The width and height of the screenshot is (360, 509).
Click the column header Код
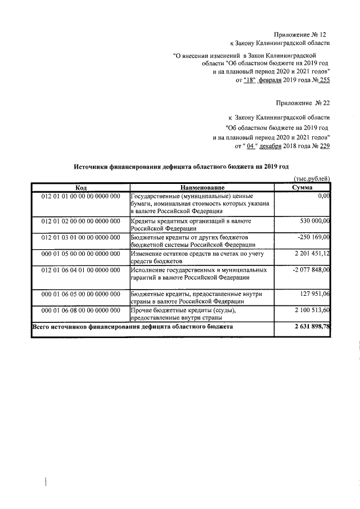(x=80, y=187)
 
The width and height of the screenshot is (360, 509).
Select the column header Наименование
(x=202, y=187)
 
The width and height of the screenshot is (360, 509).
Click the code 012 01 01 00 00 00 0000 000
(x=80, y=196)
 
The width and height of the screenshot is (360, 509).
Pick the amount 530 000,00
(x=312, y=222)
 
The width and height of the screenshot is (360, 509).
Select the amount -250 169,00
(x=312, y=238)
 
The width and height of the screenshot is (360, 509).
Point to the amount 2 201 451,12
(x=310, y=254)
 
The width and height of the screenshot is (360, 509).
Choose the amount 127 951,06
(x=313, y=294)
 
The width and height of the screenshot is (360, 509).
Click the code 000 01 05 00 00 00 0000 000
(x=80, y=254)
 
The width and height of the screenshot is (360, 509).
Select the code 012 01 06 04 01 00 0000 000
(x=80, y=271)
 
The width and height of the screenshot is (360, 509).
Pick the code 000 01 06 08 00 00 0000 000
(x=80, y=310)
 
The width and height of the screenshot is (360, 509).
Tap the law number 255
(x=324, y=80)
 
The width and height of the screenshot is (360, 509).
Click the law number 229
(x=324, y=147)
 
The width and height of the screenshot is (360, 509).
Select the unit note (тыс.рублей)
(x=312, y=178)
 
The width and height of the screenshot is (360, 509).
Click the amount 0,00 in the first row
(x=323, y=196)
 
